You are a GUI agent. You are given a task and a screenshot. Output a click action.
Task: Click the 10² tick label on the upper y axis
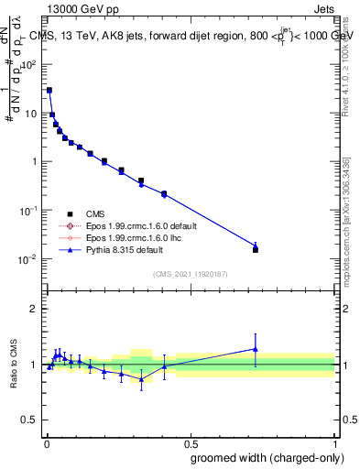(x=28, y=65)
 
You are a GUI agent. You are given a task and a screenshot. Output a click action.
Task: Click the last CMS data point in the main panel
(x=256, y=249)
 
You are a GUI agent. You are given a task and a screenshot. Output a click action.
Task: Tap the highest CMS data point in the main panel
(x=49, y=91)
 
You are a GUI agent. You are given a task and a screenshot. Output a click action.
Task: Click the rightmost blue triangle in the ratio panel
(x=256, y=348)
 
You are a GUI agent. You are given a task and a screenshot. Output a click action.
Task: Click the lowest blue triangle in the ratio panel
(x=141, y=378)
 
